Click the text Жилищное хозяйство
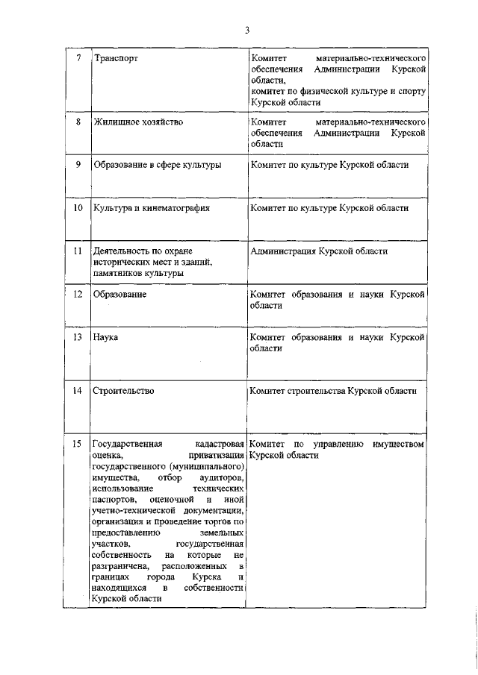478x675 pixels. (138, 121)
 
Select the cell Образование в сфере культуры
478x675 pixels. (157, 164)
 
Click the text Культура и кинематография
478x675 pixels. (151, 207)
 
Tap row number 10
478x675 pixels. (78, 207)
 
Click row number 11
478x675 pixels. (78, 251)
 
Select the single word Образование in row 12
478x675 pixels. (119, 295)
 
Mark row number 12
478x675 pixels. (78, 295)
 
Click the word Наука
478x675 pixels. (106, 337)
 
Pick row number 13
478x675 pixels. (78, 337)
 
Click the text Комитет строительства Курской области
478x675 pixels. (333, 390)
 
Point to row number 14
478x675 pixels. (78, 390)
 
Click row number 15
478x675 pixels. (78, 445)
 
